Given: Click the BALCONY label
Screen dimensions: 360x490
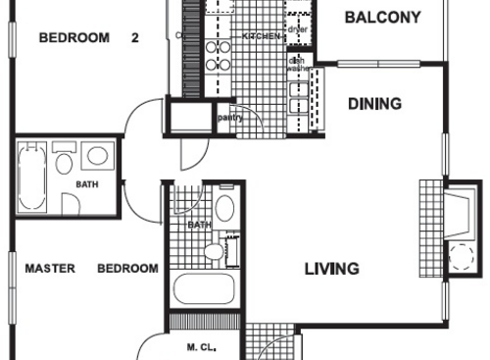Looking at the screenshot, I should [x=383, y=17].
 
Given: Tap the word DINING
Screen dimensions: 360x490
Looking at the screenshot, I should [x=374, y=103].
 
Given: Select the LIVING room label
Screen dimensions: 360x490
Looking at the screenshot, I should [x=330, y=269].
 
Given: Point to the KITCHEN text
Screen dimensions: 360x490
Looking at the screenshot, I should [x=263, y=36].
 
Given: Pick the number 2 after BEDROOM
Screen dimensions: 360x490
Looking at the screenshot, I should [x=135, y=38].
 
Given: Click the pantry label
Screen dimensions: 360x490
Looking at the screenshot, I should [x=230, y=118].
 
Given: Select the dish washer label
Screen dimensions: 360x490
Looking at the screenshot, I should [x=297, y=66].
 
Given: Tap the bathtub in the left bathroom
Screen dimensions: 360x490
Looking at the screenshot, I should [x=31, y=179].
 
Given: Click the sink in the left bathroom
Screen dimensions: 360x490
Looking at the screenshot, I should [x=96, y=157].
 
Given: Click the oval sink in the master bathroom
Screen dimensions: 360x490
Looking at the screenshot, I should [x=224, y=208].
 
